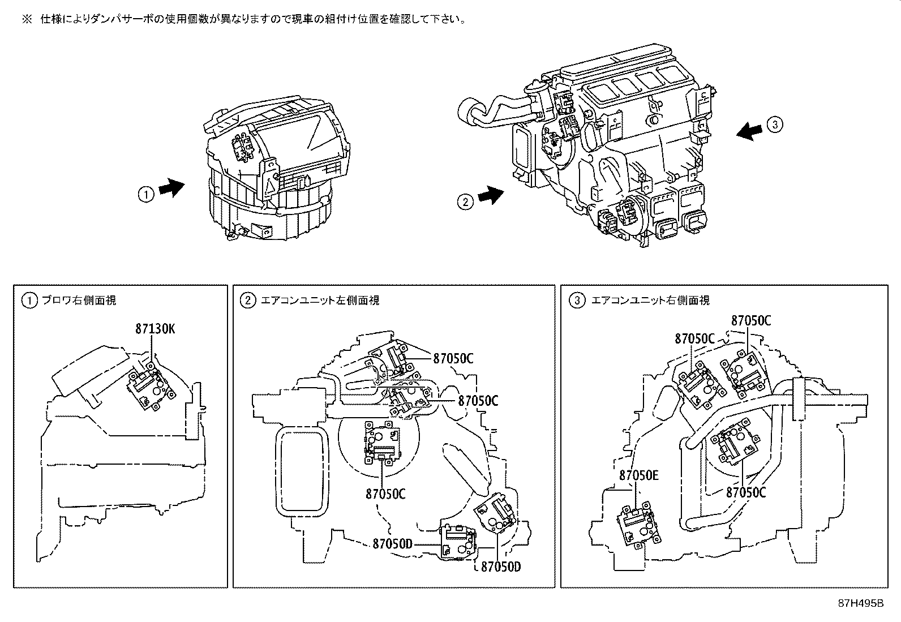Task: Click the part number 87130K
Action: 155,328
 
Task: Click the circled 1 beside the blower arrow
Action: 145,194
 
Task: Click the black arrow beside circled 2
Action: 490,195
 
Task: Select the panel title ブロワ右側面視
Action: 79,301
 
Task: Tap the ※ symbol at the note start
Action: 27,19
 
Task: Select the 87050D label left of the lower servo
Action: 392,544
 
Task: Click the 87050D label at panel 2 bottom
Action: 500,566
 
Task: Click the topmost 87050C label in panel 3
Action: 750,320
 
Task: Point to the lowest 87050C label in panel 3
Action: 746,492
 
